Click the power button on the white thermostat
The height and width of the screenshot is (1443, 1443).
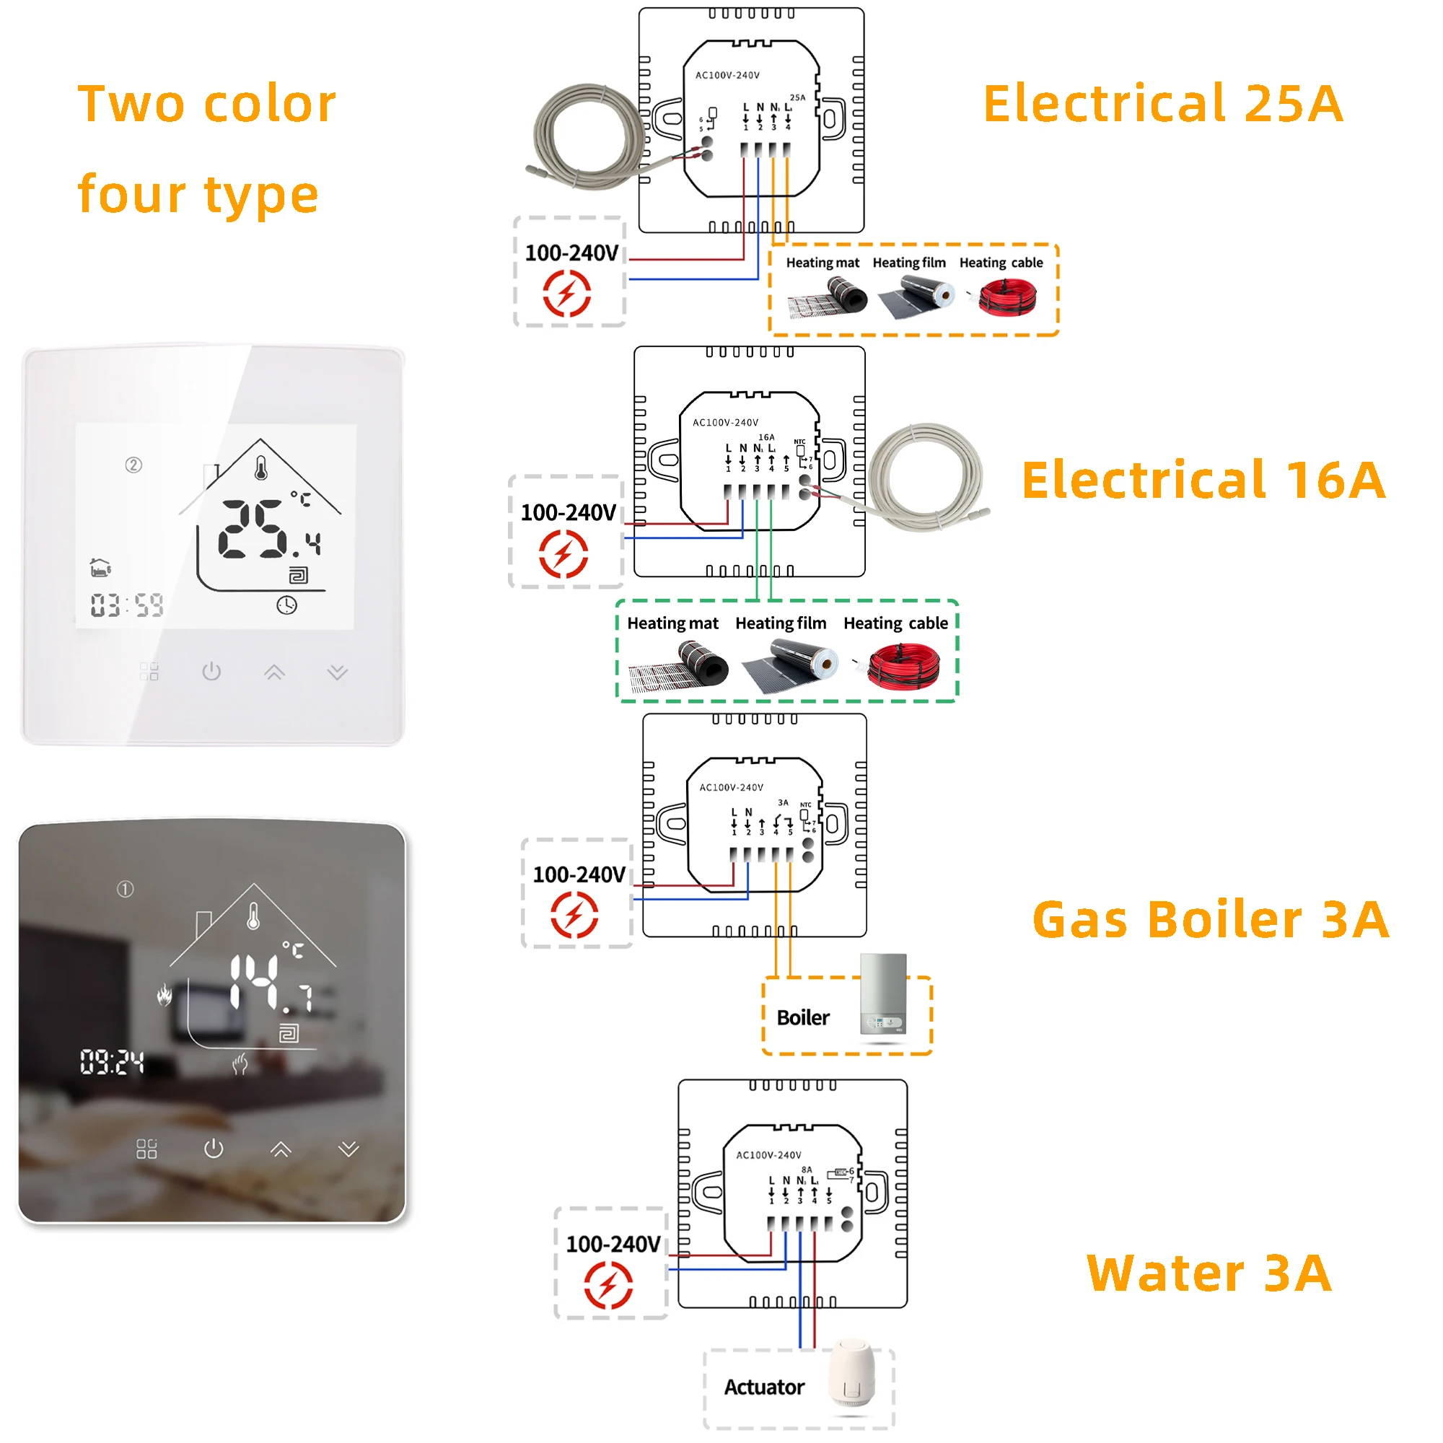(211, 672)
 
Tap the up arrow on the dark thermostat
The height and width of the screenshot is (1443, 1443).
(281, 1149)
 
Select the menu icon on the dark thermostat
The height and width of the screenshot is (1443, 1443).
(147, 1149)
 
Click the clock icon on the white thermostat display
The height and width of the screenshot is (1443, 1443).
(287, 605)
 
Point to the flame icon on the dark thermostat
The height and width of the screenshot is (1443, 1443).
(165, 995)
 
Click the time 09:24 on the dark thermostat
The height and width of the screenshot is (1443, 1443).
(112, 1061)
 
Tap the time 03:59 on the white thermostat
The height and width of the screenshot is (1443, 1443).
(127, 605)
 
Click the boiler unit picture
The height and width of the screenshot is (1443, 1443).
(884, 994)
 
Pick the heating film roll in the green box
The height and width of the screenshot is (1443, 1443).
(791, 666)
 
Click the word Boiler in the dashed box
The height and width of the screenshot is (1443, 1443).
(803, 1018)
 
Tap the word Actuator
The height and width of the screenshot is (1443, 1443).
(764, 1387)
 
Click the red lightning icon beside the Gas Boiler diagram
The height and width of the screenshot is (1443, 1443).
(574, 915)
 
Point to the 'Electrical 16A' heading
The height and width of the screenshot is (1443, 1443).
(1203, 480)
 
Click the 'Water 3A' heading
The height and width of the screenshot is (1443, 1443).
(1209, 1273)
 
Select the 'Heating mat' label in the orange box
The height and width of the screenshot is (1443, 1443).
(823, 263)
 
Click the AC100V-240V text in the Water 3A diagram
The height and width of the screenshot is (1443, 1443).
(768, 1154)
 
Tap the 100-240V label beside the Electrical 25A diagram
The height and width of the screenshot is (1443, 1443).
(571, 253)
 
